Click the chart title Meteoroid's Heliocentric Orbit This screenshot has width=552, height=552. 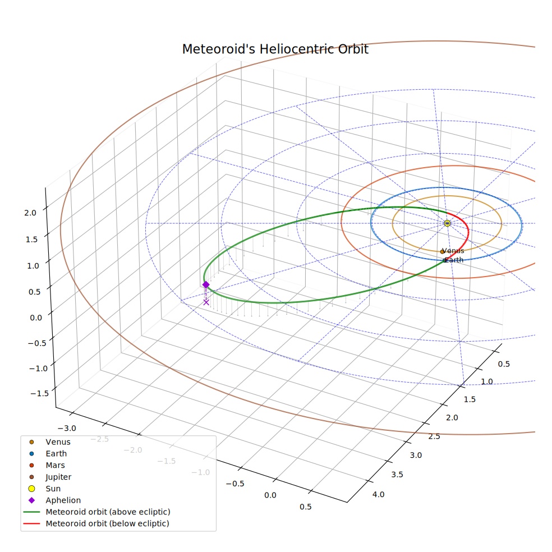pyautogui.click(x=275, y=49)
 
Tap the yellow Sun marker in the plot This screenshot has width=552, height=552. pyautogui.click(x=447, y=223)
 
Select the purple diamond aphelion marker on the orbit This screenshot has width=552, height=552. pyautogui.click(x=206, y=285)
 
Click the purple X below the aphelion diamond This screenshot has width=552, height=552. pyautogui.click(x=206, y=302)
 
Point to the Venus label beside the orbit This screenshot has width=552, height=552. pyautogui.click(x=453, y=251)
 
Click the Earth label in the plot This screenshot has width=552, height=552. pyautogui.click(x=454, y=260)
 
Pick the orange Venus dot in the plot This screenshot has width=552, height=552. pyautogui.click(x=442, y=252)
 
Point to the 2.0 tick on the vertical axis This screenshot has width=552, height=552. pyautogui.click(x=30, y=213)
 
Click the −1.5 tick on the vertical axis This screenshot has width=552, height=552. pyautogui.click(x=39, y=393)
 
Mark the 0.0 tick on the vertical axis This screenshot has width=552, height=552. pyautogui.click(x=36, y=318)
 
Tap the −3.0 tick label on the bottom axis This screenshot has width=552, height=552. pyautogui.click(x=67, y=429)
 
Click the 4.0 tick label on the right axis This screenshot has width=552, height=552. pyautogui.click(x=379, y=495)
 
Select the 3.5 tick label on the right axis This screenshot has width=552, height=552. pyautogui.click(x=397, y=475)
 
